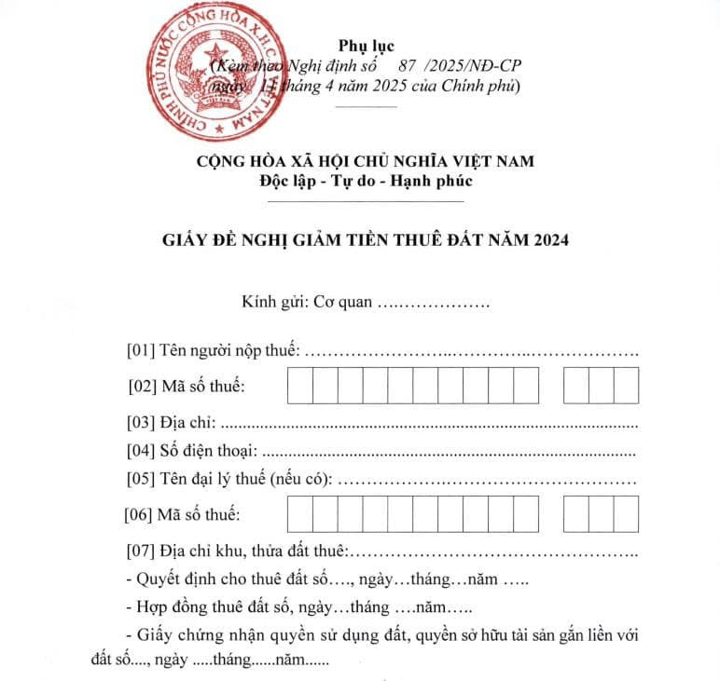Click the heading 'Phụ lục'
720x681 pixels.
pyautogui.click(x=368, y=46)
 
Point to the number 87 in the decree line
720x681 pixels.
pyautogui.click(x=407, y=66)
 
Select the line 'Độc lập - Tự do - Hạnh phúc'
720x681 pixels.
pyautogui.click(x=367, y=181)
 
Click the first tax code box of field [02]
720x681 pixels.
pyautogui.click(x=299, y=385)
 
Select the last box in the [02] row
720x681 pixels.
pyautogui.click(x=626, y=385)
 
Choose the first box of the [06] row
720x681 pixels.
pyautogui.click(x=299, y=513)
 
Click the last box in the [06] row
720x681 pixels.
pyautogui.click(x=626, y=513)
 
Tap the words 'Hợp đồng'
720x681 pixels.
pyautogui.click(x=171, y=608)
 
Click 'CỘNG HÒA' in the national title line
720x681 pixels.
pyautogui.click(x=238, y=160)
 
